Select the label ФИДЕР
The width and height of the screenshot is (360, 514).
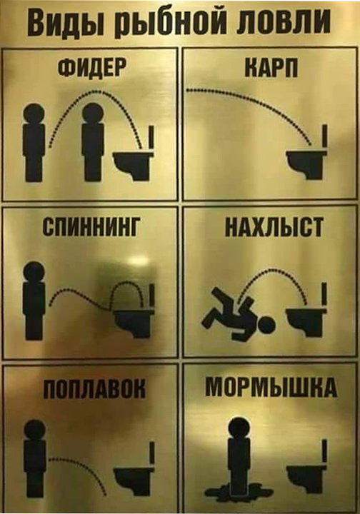(92, 69)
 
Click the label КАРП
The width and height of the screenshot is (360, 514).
(271, 68)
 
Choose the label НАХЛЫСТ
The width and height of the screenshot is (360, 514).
(274, 227)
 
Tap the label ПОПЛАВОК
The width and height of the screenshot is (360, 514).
(94, 388)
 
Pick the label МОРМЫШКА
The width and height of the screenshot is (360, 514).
(271, 387)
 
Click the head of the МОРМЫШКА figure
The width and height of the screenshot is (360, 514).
(240, 427)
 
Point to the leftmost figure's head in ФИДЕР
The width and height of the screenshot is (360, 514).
(34, 114)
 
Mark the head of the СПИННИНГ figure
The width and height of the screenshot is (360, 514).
(34, 272)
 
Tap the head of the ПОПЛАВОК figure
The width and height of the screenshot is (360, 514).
(35, 430)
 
